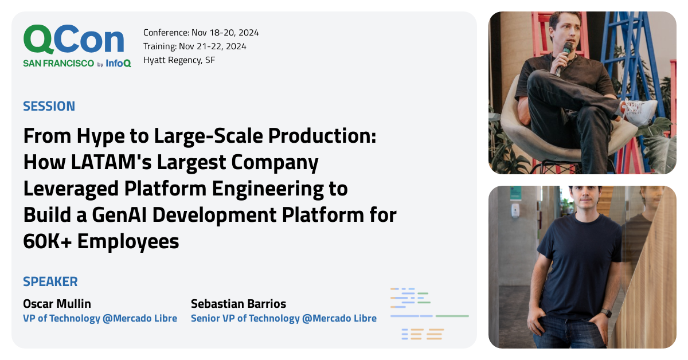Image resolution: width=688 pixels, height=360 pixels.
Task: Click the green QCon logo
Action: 73,40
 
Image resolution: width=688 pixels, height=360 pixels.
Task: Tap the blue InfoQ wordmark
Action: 118,64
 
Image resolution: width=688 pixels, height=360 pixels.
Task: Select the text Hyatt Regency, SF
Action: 179,60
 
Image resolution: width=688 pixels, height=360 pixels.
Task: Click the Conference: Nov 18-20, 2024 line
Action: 201,33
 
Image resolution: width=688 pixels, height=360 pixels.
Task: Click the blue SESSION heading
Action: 49,106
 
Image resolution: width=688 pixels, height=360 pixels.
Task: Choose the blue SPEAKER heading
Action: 50,281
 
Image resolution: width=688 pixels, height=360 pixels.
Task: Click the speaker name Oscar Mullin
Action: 57,304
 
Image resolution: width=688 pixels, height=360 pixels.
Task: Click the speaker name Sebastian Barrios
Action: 239,304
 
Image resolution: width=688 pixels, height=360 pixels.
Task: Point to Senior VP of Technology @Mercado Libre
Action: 284,318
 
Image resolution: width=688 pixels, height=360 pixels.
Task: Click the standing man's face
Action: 578,201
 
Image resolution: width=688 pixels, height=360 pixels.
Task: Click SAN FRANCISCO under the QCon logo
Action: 58,64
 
